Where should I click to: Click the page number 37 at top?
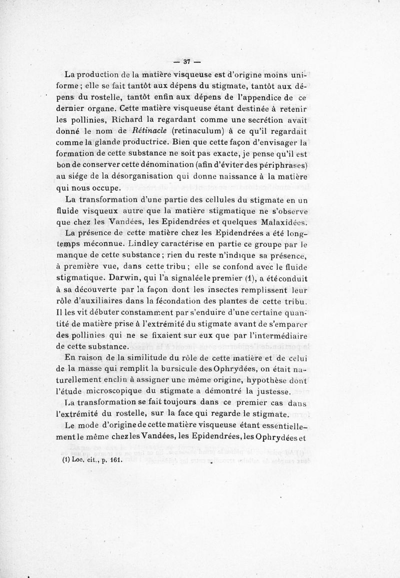click(x=187, y=62)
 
